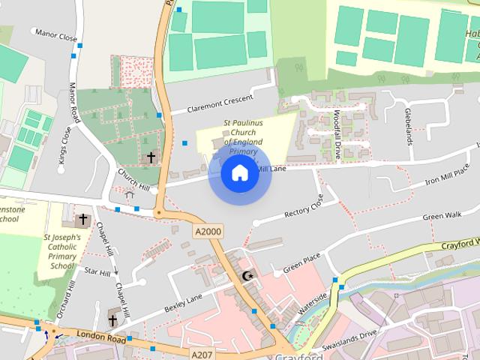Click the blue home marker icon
click(239, 173)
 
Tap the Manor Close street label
click(57, 34)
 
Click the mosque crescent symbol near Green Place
click(247, 277)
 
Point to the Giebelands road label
click(409, 124)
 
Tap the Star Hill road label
click(97, 271)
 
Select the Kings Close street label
click(64, 145)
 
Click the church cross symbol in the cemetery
click(151, 157)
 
